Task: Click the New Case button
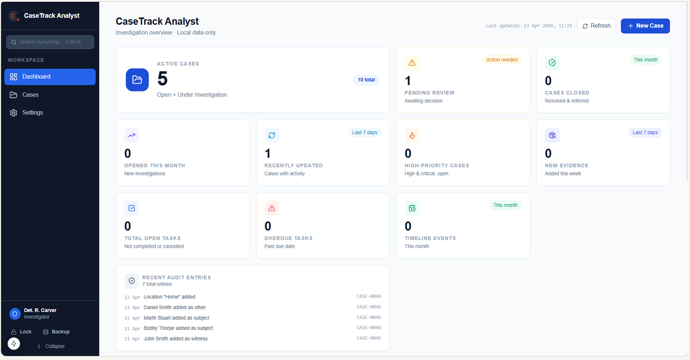tap(645, 26)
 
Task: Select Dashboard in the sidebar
tap(50, 77)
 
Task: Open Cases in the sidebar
tap(30, 95)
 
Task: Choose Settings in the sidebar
tap(32, 113)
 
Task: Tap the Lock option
tap(21, 332)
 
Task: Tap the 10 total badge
tap(366, 80)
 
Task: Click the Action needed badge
tap(502, 60)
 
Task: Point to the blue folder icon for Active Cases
tap(137, 80)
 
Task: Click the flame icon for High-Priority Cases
tap(412, 136)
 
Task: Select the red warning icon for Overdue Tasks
tap(272, 208)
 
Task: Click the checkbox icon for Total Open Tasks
tap(132, 208)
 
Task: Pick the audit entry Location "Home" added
tap(169, 297)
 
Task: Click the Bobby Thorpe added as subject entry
tap(178, 328)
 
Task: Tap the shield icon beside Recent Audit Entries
tap(132, 281)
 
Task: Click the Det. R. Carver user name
tap(40, 310)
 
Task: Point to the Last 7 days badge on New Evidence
tap(645, 133)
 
